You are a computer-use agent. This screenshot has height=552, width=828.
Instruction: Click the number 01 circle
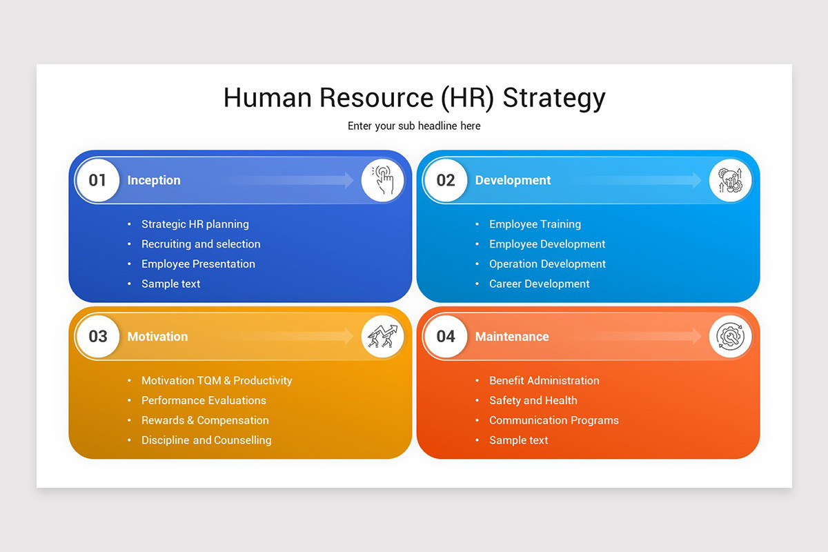[97, 181]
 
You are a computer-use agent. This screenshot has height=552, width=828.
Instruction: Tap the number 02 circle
[446, 181]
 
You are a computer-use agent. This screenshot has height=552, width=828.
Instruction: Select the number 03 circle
[97, 337]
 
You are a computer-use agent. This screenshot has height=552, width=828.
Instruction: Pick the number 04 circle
[446, 337]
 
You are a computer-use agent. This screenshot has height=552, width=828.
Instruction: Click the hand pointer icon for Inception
[383, 181]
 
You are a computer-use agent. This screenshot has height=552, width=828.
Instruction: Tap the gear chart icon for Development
[730, 181]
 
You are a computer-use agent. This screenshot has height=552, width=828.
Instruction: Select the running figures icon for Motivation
[383, 337]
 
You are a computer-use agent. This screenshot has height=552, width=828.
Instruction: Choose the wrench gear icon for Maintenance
[730, 337]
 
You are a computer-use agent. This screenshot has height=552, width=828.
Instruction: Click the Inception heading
[154, 181]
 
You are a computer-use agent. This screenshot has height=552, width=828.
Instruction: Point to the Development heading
[513, 181]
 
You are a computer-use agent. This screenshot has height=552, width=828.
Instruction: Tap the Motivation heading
[157, 337]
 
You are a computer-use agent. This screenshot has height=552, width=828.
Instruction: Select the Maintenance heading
[512, 337]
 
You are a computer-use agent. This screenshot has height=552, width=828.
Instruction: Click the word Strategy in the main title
[553, 99]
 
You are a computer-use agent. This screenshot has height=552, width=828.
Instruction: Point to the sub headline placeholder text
[414, 126]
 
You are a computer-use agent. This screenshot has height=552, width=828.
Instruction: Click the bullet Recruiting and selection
[201, 244]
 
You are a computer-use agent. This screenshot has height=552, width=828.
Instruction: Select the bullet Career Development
[539, 284]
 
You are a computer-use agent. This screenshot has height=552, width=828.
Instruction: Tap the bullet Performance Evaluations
[204, 400]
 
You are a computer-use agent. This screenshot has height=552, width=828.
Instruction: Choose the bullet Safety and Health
[533, 400]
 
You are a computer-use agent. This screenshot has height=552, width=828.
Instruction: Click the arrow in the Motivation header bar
[297, 337]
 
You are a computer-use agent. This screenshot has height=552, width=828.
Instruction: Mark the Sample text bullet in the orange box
[518, 440]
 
